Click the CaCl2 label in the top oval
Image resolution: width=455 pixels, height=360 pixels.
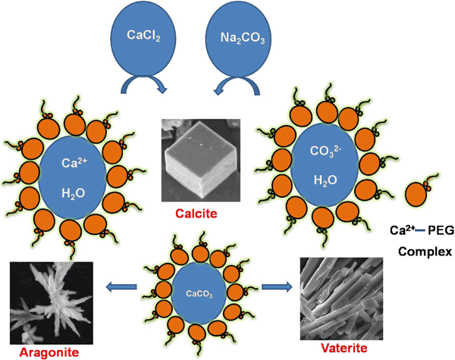tap(143, 36)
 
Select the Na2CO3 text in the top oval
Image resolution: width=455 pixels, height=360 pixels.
tap(243, 38)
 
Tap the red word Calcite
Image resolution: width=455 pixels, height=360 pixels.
tap(196, 214)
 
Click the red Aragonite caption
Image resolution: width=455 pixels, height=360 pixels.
tap(49, 352)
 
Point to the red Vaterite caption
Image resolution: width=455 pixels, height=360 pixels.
tap(344, 348)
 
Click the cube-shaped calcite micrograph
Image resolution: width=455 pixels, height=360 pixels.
tap(201, 160)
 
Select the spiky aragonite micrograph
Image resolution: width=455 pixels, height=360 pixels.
tap(52, 303)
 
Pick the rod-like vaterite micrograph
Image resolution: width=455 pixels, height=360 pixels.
tap(341, 299)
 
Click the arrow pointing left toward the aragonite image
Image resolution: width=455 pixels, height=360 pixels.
tap(121, 287)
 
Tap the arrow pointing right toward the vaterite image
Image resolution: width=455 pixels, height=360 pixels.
tap(277, 287)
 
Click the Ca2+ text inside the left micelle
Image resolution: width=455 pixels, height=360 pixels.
tap(74, 163)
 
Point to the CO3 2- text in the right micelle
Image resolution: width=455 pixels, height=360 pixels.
tap(324, 151)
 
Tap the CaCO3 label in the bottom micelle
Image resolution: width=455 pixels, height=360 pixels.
tap(199, 294)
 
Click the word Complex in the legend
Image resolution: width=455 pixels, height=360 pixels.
tap(425, 252)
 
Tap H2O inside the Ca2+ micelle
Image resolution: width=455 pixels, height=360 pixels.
tap(74, 193)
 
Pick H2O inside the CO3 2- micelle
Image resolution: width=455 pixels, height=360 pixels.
tap(325, 180)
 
